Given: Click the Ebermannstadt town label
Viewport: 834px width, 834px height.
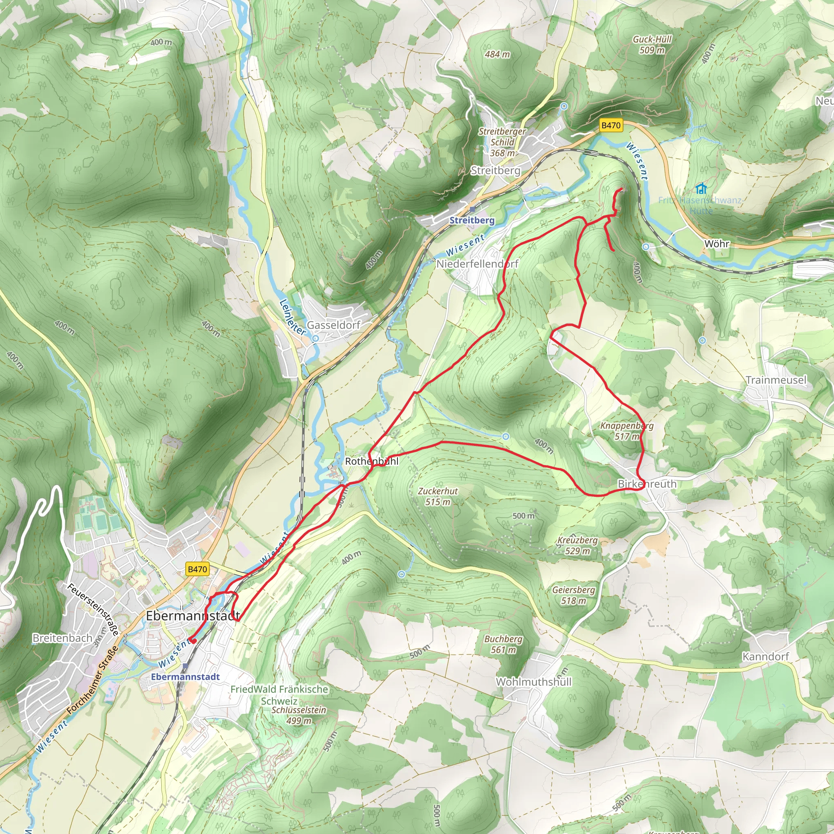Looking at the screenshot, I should pyautogui.click(x=193, y=616).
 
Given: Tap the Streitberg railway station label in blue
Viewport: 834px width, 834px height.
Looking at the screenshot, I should pyautogui.click(x=472, y=220).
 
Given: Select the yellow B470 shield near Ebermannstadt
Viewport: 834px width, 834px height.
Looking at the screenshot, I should pyautogui.click(x=197, y=569).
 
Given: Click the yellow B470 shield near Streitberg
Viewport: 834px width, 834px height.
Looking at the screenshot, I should pyautogui.click(x=611, y=125).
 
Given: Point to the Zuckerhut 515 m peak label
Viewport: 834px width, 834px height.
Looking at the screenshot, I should pyautogui.click(x=438, y=496).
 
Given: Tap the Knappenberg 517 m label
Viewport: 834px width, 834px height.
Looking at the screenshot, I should pyautogui.click(x=627, y=431).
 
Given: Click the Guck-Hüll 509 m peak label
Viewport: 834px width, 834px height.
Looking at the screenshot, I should pyautogui.click(x=652, y=44).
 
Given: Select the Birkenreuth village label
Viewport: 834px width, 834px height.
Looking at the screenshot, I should pyautogui.click(x=647, y=484).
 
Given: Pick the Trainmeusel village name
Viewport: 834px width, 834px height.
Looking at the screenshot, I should pyautogui.click(x=776, y=380).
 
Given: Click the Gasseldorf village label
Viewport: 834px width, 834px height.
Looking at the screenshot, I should pyautogui.click(x=333, y=325).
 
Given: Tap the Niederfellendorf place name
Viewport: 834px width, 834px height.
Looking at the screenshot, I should pyautogui.click(x=477, y=264).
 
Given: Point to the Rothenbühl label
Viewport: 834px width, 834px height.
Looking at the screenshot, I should pyautogui.click(x=372, y=461).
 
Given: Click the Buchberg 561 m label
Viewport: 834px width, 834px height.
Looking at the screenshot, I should pyautogui.click(x=503, y=644).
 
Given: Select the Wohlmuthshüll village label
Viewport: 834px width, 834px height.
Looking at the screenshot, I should pyautogui.click(x=533, y=682).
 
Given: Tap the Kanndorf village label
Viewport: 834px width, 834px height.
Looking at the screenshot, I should pyautogui.click(x=765, y=656).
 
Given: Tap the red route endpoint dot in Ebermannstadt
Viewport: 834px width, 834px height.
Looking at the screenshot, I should pyautogui.click(x=193, y=641).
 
